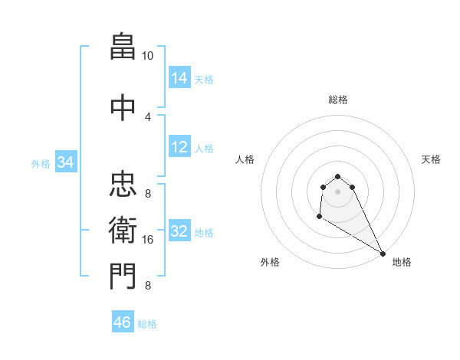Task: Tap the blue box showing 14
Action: [x=179, y=78]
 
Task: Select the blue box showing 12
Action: [x=179, y=147]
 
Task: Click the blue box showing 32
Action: [x=179, y=231]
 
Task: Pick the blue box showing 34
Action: [x=66, y=162]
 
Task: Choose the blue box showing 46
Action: [x=123, y=322]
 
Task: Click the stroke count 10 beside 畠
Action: [x=147, y=56]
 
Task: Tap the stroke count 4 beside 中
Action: [x=148, y=116]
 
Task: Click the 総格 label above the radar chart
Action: [x=338, y=100]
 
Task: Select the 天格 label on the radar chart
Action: [x=431, y=159]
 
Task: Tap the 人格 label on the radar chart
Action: [x=245, y=159]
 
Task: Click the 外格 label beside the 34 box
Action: [x=41, y=163]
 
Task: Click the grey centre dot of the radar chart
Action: [x=338, y=191]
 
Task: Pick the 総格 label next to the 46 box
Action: [x=147, y=324]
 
